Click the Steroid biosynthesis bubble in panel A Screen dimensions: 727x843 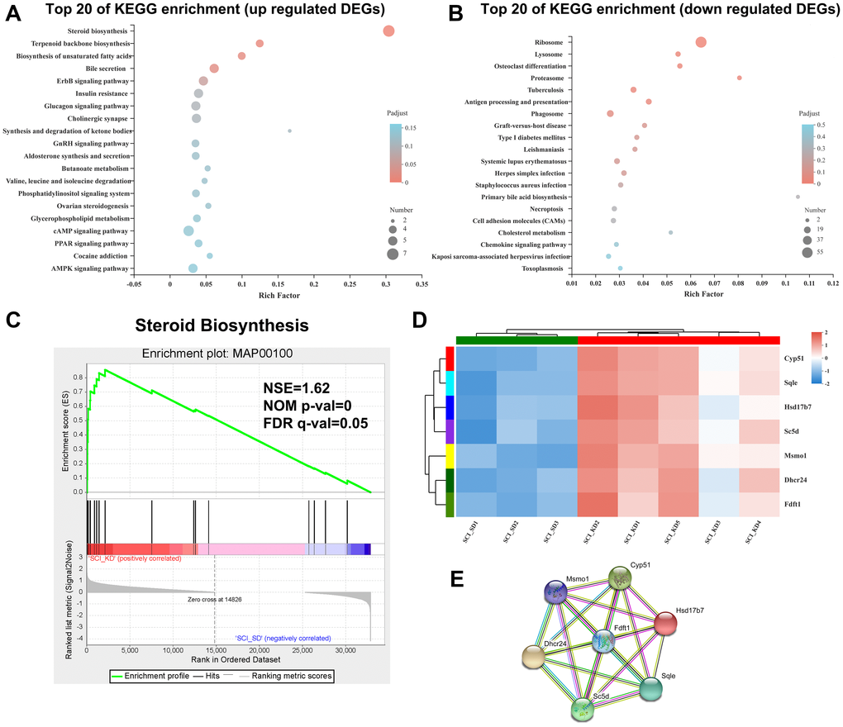coord(388,31)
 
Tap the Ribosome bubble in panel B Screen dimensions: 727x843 coord(701,42)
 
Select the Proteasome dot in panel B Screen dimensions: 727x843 coord(739,78)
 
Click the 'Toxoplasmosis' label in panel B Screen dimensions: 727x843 coord(545,268)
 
